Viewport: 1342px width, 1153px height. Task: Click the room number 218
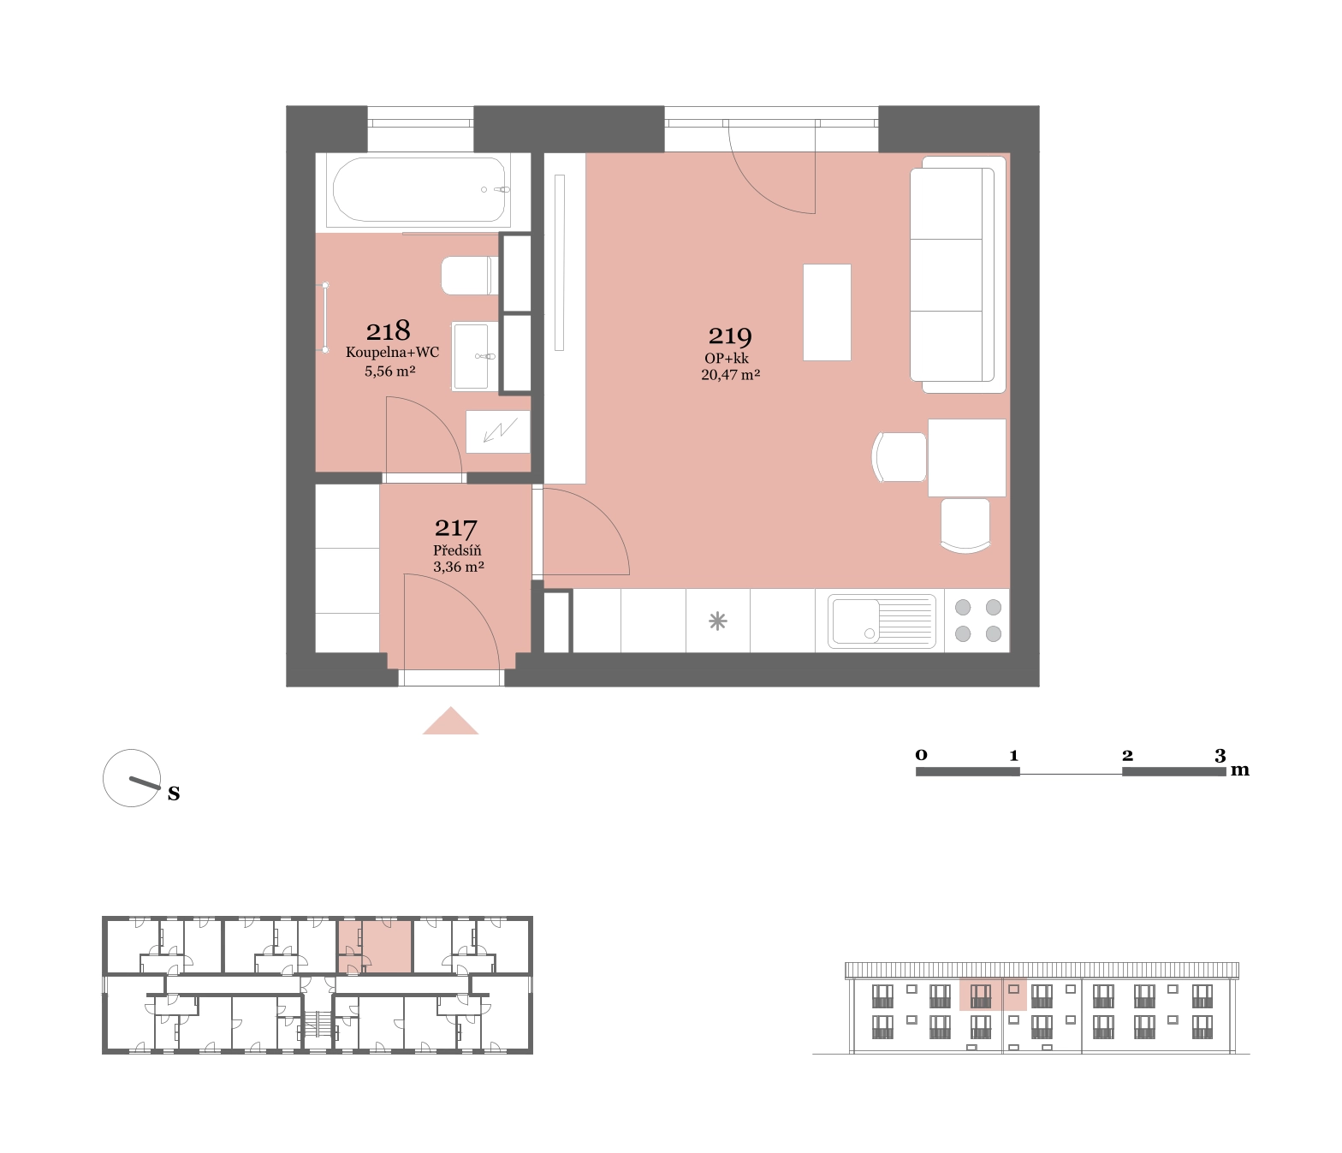pos(389,331)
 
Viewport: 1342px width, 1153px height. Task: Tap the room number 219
pos(730,336)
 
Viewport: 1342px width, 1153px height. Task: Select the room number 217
pos(456,528)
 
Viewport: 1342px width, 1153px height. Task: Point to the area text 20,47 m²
pos(730,375)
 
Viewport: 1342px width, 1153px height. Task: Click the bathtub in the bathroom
pos(419,190)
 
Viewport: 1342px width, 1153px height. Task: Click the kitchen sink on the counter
pos(882,621)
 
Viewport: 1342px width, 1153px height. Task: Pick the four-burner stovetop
pos(977,621)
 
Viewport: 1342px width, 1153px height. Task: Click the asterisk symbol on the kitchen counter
pos(717,621)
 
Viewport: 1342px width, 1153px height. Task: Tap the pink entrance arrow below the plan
pos(450,722)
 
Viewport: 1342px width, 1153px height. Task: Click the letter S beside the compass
pos(174,793)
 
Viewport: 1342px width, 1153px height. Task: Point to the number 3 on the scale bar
pos(1220,756)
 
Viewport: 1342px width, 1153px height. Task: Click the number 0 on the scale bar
pos(921,755)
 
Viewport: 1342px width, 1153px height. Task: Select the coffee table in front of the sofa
pos(827,312)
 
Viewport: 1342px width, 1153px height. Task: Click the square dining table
pos(967,458)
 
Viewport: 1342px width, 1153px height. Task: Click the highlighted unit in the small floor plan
pos(375,946)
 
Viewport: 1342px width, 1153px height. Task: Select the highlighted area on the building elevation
pos(993,994)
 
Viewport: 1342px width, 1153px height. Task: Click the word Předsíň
pos(457,550)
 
